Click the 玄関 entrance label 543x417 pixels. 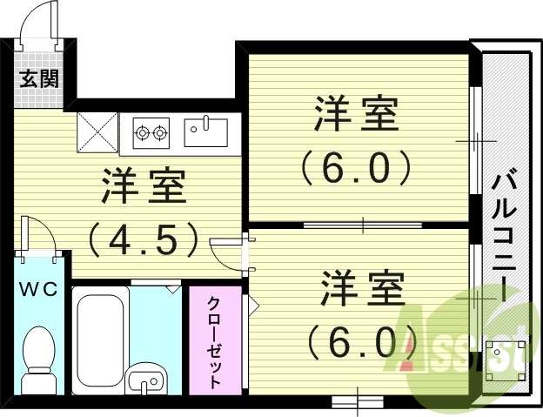[39, 79]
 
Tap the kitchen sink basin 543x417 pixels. [205, 132]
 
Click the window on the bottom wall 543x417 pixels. [357, 401]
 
